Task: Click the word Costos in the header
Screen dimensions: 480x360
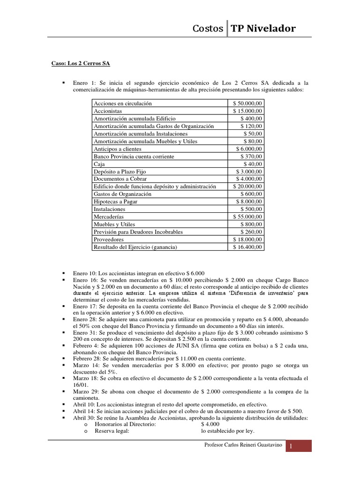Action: [208, 29]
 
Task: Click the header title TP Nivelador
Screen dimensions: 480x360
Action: [263, 29]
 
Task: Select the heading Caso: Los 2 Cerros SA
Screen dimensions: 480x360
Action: [81, 63]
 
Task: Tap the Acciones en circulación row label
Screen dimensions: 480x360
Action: [123, 103]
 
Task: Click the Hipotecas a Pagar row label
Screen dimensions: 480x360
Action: [115, 202]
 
